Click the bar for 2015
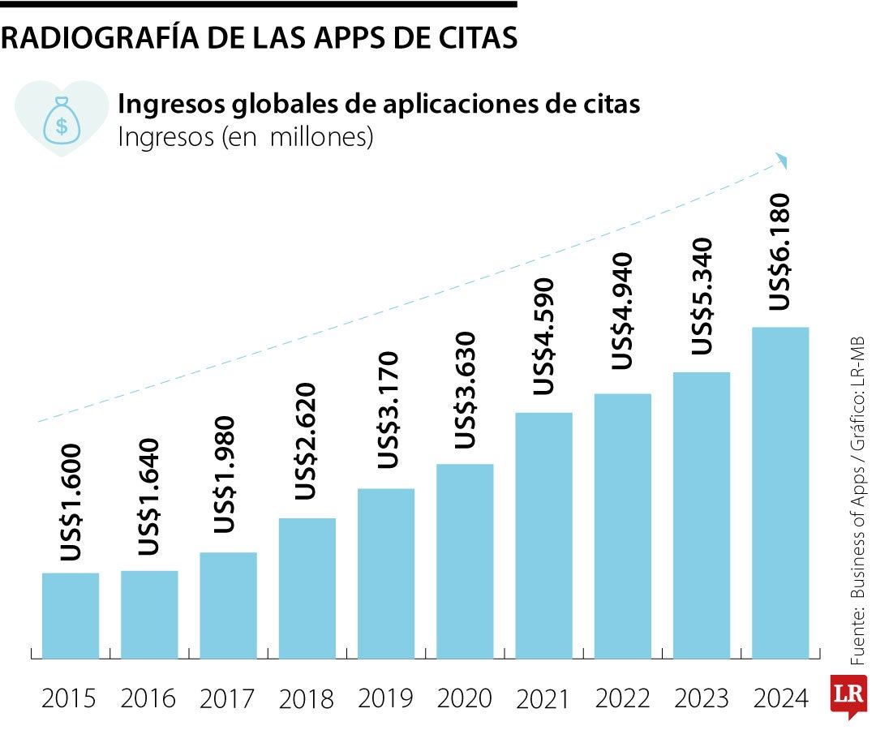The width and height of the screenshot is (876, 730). [71, 616]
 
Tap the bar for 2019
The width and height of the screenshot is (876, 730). [386, 573]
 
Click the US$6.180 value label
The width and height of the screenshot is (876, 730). [779, 251]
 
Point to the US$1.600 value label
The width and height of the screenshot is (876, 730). [71, 502]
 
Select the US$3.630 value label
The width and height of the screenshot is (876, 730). [465, 390]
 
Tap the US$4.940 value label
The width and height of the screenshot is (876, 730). [622, 311]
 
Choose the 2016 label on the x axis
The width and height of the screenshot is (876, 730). [148, 698]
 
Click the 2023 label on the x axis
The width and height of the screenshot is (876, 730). [702, 698]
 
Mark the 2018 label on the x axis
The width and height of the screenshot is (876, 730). [307, 698]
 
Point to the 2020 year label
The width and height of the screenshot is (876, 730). [465, 698]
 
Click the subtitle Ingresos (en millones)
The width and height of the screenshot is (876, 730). [246, 136]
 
